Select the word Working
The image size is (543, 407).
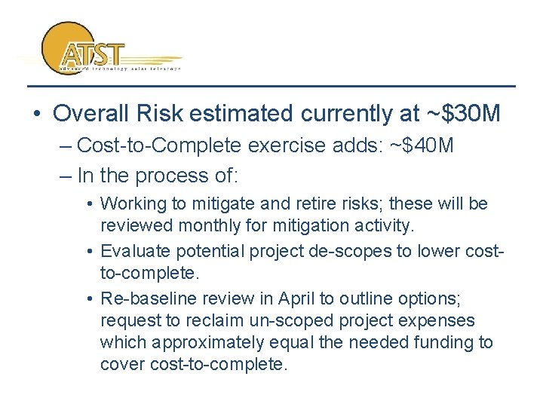130,203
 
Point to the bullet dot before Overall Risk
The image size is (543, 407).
36,115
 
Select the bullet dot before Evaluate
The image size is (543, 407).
90,252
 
